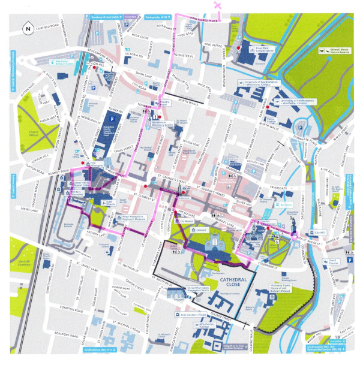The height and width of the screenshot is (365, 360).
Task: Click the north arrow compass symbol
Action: pyautogui.click(x=27, y=27)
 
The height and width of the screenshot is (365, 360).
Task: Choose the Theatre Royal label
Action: pyautogui.click(x=164, y=103)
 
